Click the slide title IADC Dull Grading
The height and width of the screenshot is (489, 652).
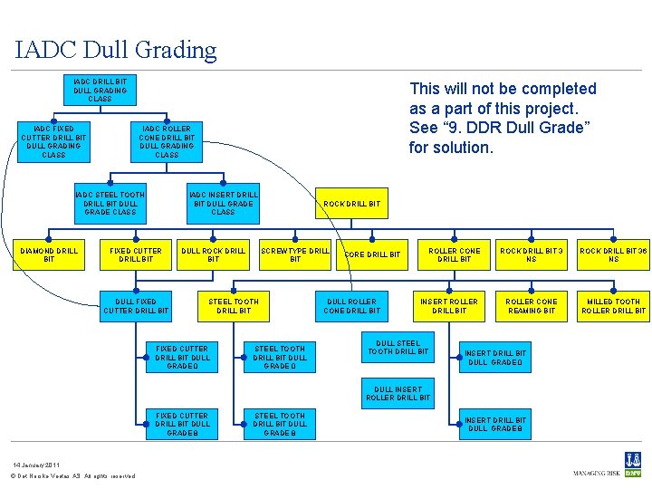click(x=116, y=50)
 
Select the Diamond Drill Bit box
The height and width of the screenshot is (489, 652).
click(x=49, y=254)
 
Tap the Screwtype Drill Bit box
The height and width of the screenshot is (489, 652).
click(x=295, y=254)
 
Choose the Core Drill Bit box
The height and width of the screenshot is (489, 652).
click(x=372, y=254)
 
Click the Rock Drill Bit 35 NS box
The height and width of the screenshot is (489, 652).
click(x=613, y=254)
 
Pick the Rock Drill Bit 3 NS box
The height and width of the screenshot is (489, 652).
click(x=532, y=254)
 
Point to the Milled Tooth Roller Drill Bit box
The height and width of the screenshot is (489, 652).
click(x=613, y=306)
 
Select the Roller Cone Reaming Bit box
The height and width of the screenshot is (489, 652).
click(x=532, y=306)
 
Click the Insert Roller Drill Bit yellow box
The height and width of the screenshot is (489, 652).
click(x=449, y=306)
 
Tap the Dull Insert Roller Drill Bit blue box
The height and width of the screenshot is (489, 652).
click(x=398, y=394)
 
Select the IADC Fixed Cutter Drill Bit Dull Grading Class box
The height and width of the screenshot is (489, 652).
click(x=53, y=142)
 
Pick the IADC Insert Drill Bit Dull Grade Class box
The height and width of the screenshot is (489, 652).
click(x=223, y=203)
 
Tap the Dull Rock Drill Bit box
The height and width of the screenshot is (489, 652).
click(x=213, y=254)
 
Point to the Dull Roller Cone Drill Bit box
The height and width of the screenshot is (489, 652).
click(x=352, y=306)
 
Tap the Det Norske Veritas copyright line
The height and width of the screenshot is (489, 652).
click(x=72, y=476)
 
